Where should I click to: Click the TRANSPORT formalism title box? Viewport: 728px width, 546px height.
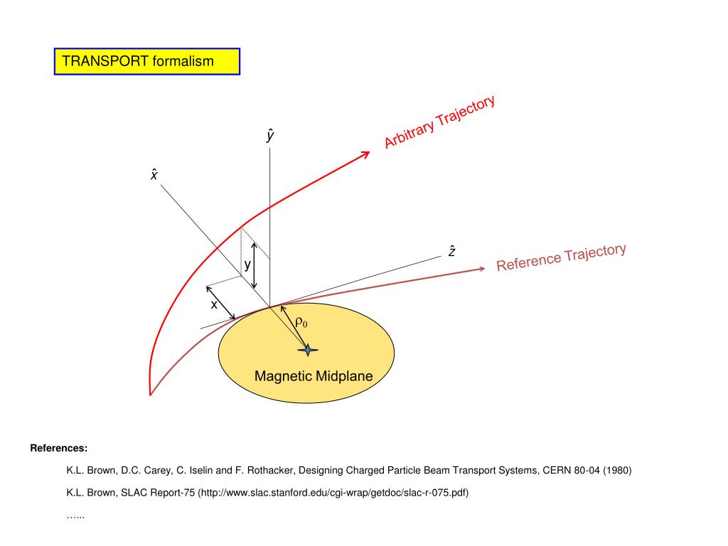(x=147, y=61)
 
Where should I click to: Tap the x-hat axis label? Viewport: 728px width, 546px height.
(x=154, y=173)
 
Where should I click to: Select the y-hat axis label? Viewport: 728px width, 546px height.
(x=270, y=135)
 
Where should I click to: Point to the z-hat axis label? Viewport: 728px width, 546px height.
(x=452, y=251)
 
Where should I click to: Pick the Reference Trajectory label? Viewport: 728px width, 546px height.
(x=561, y=257)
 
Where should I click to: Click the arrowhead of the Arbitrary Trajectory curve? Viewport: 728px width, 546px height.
(x=367, y=153)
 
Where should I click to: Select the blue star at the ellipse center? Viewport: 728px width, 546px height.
(x=308, y=350)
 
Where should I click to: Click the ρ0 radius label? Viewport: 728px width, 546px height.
(x=301, y=323)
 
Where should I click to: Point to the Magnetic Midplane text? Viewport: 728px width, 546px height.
(x=314, y=376)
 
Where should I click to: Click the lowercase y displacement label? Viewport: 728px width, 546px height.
(x=247, y=265)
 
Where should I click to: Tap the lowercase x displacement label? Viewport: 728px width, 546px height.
(x=213, y=305)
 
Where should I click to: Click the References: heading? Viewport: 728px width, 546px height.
(x=59, y=449)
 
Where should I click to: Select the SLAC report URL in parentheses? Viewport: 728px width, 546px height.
(x=333, y=493)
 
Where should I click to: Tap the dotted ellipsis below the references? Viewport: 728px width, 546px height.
(x=75, y=515)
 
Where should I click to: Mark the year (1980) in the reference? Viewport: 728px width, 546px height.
(x=616, y=471)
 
